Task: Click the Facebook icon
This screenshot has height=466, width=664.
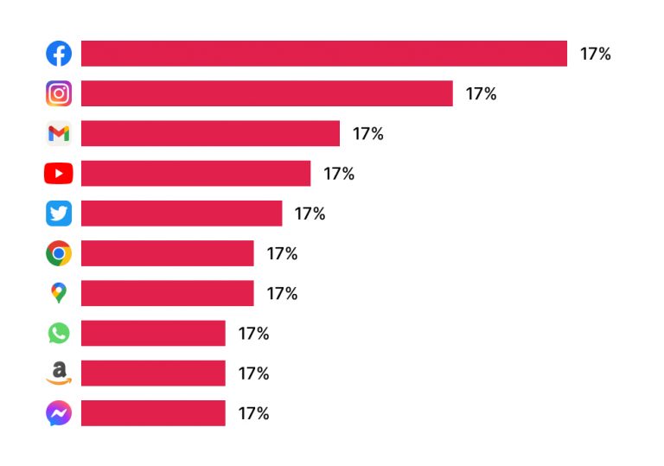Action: tap(59, 54)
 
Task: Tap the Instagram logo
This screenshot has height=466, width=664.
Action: tap(59, 93)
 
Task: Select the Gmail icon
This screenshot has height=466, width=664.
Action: tap(59, 133)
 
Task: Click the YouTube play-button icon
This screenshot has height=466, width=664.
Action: tap(59, 174)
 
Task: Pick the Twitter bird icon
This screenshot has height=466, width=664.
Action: tap(59, 214)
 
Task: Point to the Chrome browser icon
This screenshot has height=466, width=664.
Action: tap(59, 253)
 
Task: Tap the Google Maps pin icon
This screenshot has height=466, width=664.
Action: tap(59, 293)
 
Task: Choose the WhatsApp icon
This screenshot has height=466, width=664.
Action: tap(59, 333)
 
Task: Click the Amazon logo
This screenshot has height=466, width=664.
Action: tap(59, 373)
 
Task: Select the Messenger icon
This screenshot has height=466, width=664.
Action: tap(59, 413)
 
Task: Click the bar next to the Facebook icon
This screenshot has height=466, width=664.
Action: tap(324, 54)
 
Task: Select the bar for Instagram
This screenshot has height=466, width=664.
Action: tap(266, 93)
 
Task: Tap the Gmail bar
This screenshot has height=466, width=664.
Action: tap(210, 133)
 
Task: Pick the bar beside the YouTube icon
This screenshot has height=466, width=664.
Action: tap(195, 174)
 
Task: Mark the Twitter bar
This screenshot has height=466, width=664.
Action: tap(182, 214)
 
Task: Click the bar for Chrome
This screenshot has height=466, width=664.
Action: tap(167, 253)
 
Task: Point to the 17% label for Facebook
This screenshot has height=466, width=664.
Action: tap(595, 54)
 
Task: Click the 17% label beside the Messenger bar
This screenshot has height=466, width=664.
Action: tap(253, 413)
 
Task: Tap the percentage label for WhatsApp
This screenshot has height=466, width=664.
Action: tap(253, 333)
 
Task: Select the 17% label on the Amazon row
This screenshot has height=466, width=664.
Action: tap(253, 373)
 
